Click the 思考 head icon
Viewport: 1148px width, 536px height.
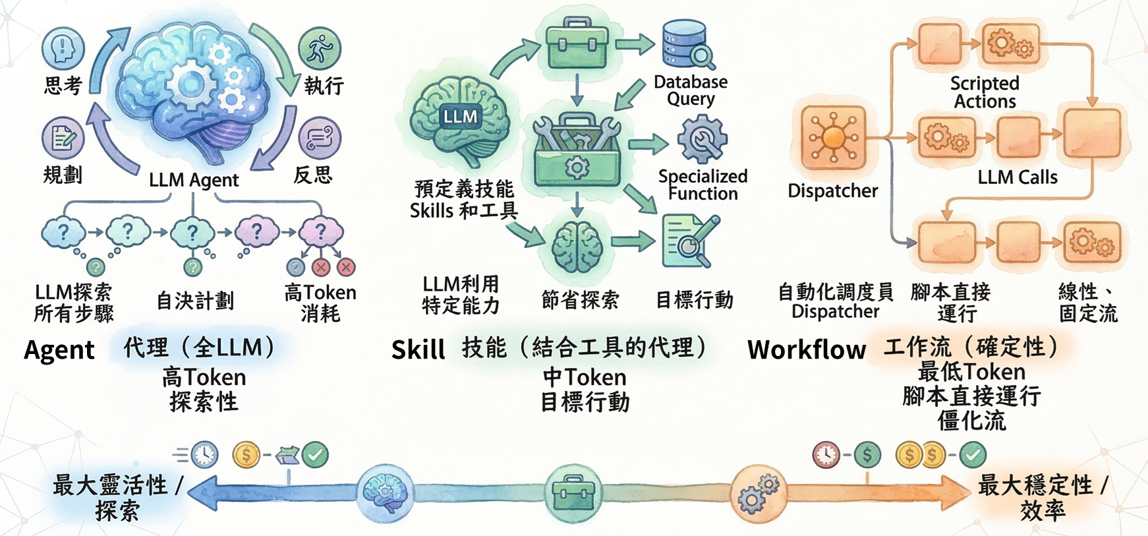63,48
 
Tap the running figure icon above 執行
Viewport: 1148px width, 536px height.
320,48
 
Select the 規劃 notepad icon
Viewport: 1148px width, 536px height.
63,138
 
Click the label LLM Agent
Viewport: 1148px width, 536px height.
194,180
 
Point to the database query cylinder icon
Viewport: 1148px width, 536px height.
687,44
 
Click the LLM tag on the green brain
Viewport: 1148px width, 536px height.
460,117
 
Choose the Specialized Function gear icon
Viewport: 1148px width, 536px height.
703,139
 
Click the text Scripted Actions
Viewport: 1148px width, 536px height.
985,92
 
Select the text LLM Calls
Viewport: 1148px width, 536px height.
1018,177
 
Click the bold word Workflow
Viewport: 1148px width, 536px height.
807,349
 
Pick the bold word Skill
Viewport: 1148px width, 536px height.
418,349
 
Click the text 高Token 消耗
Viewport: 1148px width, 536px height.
320,303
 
